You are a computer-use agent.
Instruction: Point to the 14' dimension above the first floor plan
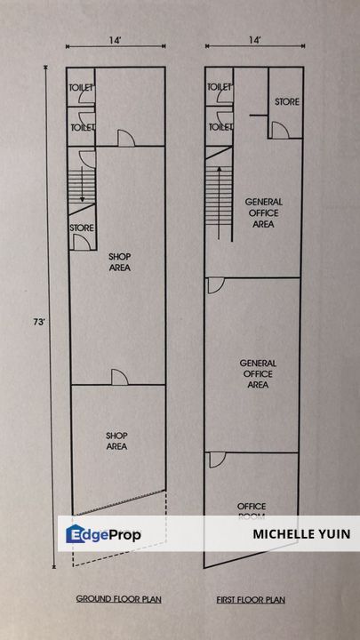(x=255, y=41)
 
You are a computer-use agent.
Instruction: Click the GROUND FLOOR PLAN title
(x=116, y=600)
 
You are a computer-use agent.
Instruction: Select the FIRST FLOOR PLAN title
(x=255, y=600)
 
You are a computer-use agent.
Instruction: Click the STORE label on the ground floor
(x=82, y=228)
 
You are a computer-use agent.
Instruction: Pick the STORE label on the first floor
(x=286, y=102)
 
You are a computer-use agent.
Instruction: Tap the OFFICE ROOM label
(x=252, y=511)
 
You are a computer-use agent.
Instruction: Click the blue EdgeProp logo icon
(x=76, y=534)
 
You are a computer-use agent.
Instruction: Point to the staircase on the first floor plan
(x=218, y=200)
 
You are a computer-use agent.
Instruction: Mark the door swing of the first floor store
(x=278, y=130)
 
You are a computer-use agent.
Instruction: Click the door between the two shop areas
(x=118, y=377)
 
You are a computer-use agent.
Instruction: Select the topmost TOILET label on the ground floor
(x=82, y=88)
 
